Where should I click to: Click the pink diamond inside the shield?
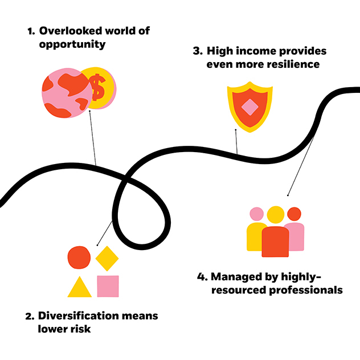(249, 107)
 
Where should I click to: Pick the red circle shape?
(79, 257)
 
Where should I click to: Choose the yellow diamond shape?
(107, 258)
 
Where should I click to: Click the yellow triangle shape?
(79, 286)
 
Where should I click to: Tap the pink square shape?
(108, 286)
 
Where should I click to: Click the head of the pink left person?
(257, 214)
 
